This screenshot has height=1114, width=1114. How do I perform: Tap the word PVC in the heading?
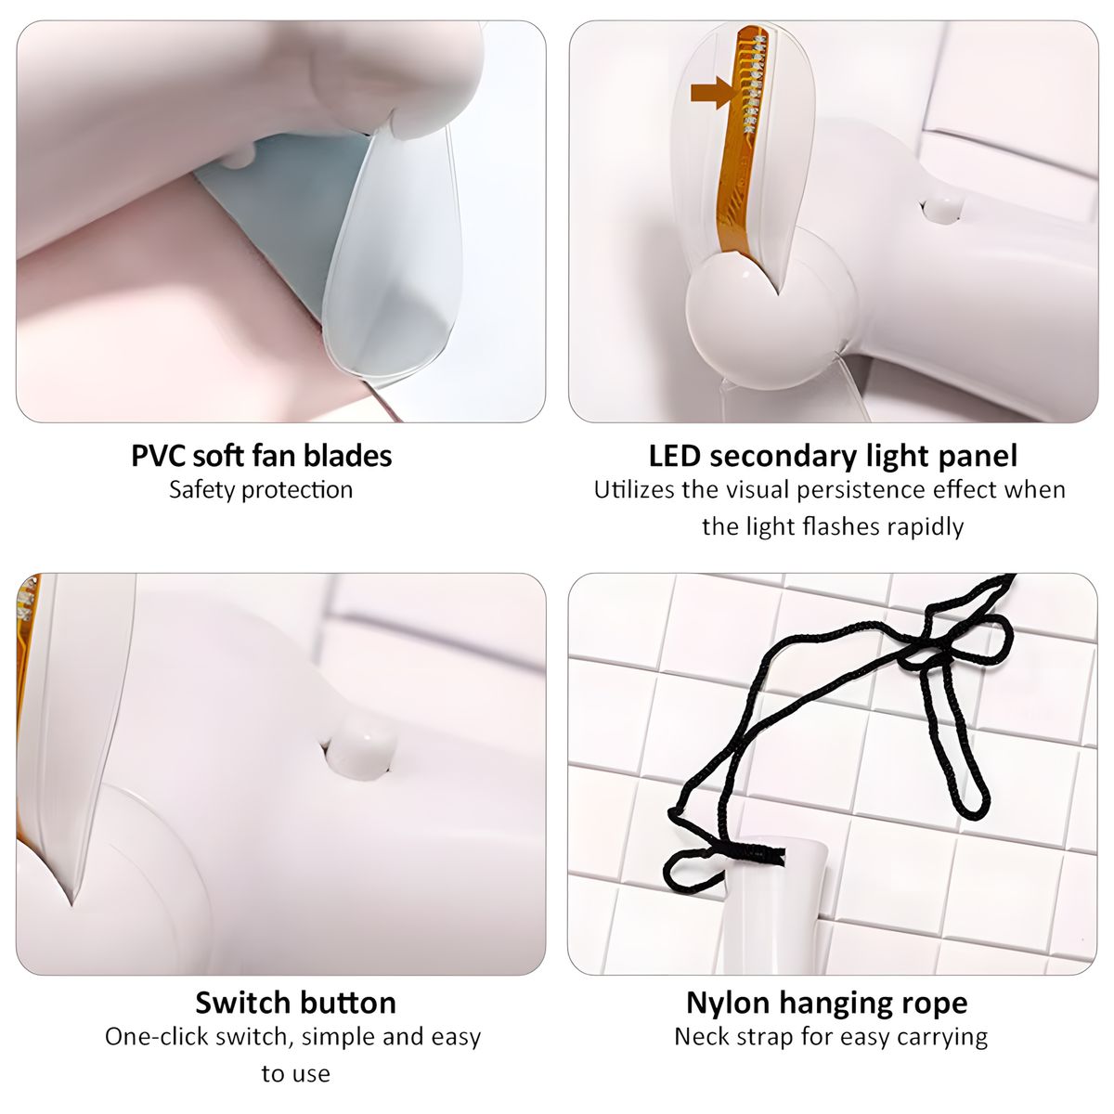[158, 456]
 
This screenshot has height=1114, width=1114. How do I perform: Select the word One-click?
[157, 1037]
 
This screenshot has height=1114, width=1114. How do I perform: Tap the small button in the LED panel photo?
[942, 210]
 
